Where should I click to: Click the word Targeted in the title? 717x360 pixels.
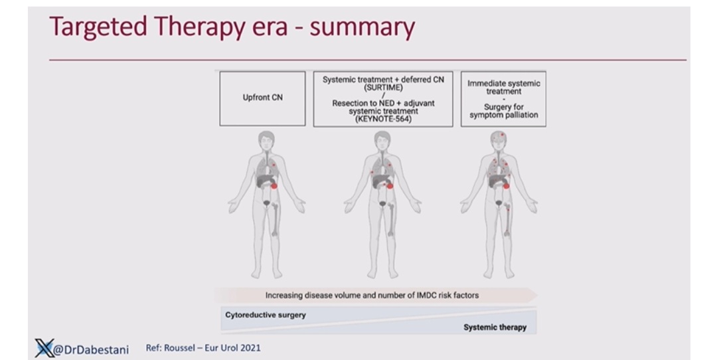(x=98, y=27)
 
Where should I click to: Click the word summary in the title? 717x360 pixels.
(x=362, y=27)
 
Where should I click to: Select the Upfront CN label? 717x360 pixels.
(x=262, y=98)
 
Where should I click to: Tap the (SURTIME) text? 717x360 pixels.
(x=383, y=88)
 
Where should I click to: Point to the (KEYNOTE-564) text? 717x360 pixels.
(x=383, y=119)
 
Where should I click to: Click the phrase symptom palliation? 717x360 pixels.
(x=503, y=115)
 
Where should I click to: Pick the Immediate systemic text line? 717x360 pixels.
(x=503, y=83)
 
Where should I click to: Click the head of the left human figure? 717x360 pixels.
(x=266, y=140)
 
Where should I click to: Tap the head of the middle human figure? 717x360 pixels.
(x=382, y=140)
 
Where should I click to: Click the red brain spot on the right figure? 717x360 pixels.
(x=502, y=135)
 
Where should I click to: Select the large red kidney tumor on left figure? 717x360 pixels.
(x=274, y=186)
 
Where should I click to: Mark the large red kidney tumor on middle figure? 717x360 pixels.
(x=390, y=186)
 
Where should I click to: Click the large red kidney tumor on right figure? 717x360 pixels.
(x=506, y=186)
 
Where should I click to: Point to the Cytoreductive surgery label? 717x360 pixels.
(x=265, y=315)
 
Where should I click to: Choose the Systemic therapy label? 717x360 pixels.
(x=495, y=327)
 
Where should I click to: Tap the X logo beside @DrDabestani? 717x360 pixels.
(x=45, y=348)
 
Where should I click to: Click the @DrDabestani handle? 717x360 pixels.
(x=91, y=350)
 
